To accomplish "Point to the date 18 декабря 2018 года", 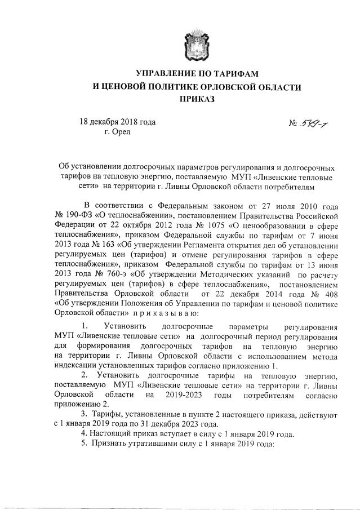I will pos(117,122).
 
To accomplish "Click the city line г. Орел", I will pos(117,132).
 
